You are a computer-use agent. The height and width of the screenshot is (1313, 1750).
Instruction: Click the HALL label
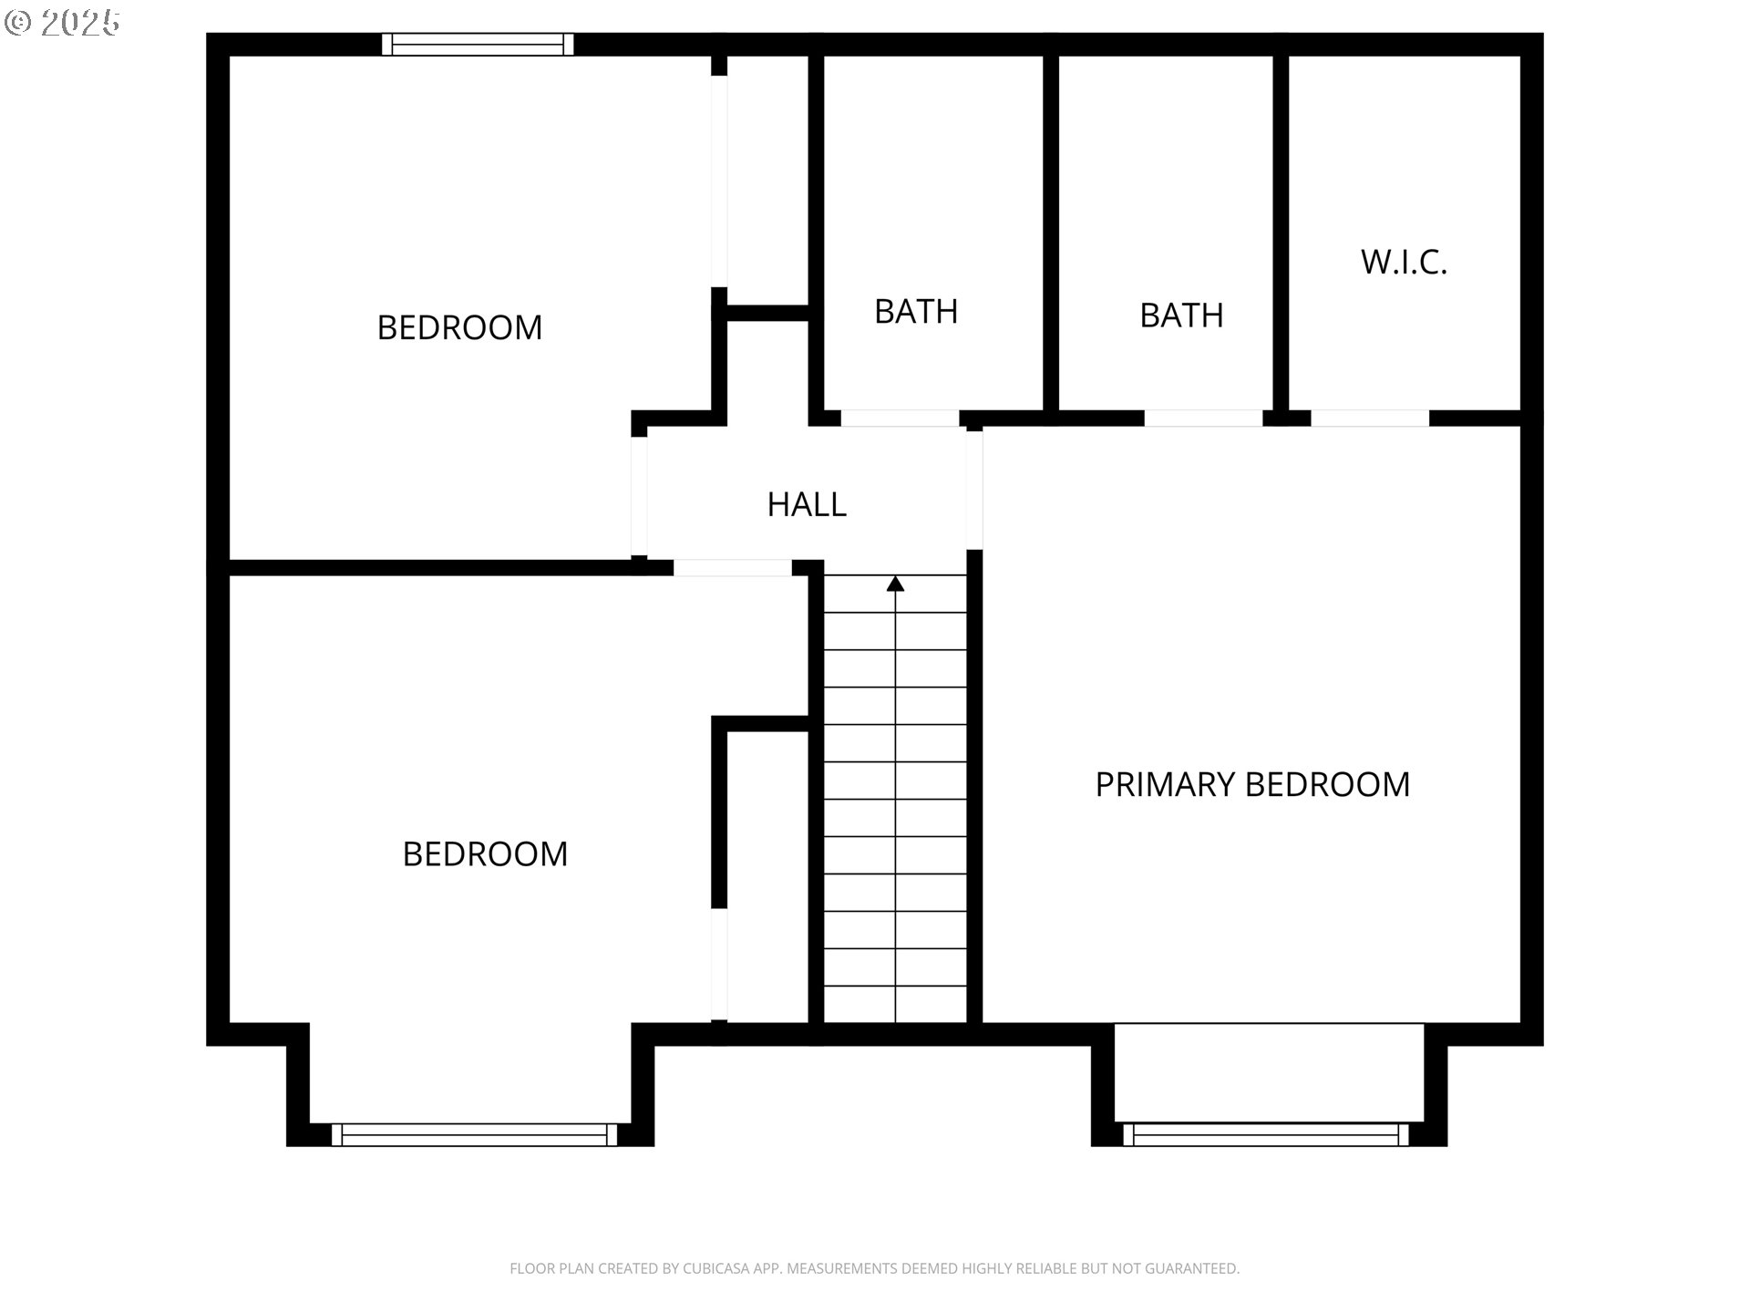807,504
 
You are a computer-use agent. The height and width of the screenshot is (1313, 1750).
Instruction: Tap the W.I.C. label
1404,263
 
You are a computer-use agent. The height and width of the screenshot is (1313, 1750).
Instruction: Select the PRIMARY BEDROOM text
1252,784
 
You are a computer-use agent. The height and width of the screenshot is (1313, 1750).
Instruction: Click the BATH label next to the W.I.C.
1181,315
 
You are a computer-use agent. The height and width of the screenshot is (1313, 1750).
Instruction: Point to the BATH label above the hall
916,312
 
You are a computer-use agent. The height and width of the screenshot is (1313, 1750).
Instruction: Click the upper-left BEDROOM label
459,327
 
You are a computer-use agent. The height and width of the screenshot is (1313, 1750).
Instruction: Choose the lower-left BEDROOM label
485,854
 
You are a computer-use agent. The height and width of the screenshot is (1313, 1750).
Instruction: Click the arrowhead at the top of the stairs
896,584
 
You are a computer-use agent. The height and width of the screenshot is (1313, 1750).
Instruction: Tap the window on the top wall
478,45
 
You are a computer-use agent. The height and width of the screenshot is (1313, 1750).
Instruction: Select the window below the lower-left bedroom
474,1134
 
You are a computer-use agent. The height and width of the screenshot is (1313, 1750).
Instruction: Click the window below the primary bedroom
1266,1134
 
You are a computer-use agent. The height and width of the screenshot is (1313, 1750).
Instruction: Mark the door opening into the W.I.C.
1370,419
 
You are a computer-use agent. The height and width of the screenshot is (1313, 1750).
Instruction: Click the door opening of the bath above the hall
900,419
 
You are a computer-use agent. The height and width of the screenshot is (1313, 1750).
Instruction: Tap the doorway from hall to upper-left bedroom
639,497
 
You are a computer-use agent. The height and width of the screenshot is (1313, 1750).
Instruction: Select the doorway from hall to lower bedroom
733,567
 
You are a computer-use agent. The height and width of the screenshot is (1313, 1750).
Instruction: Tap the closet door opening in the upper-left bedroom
719,181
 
